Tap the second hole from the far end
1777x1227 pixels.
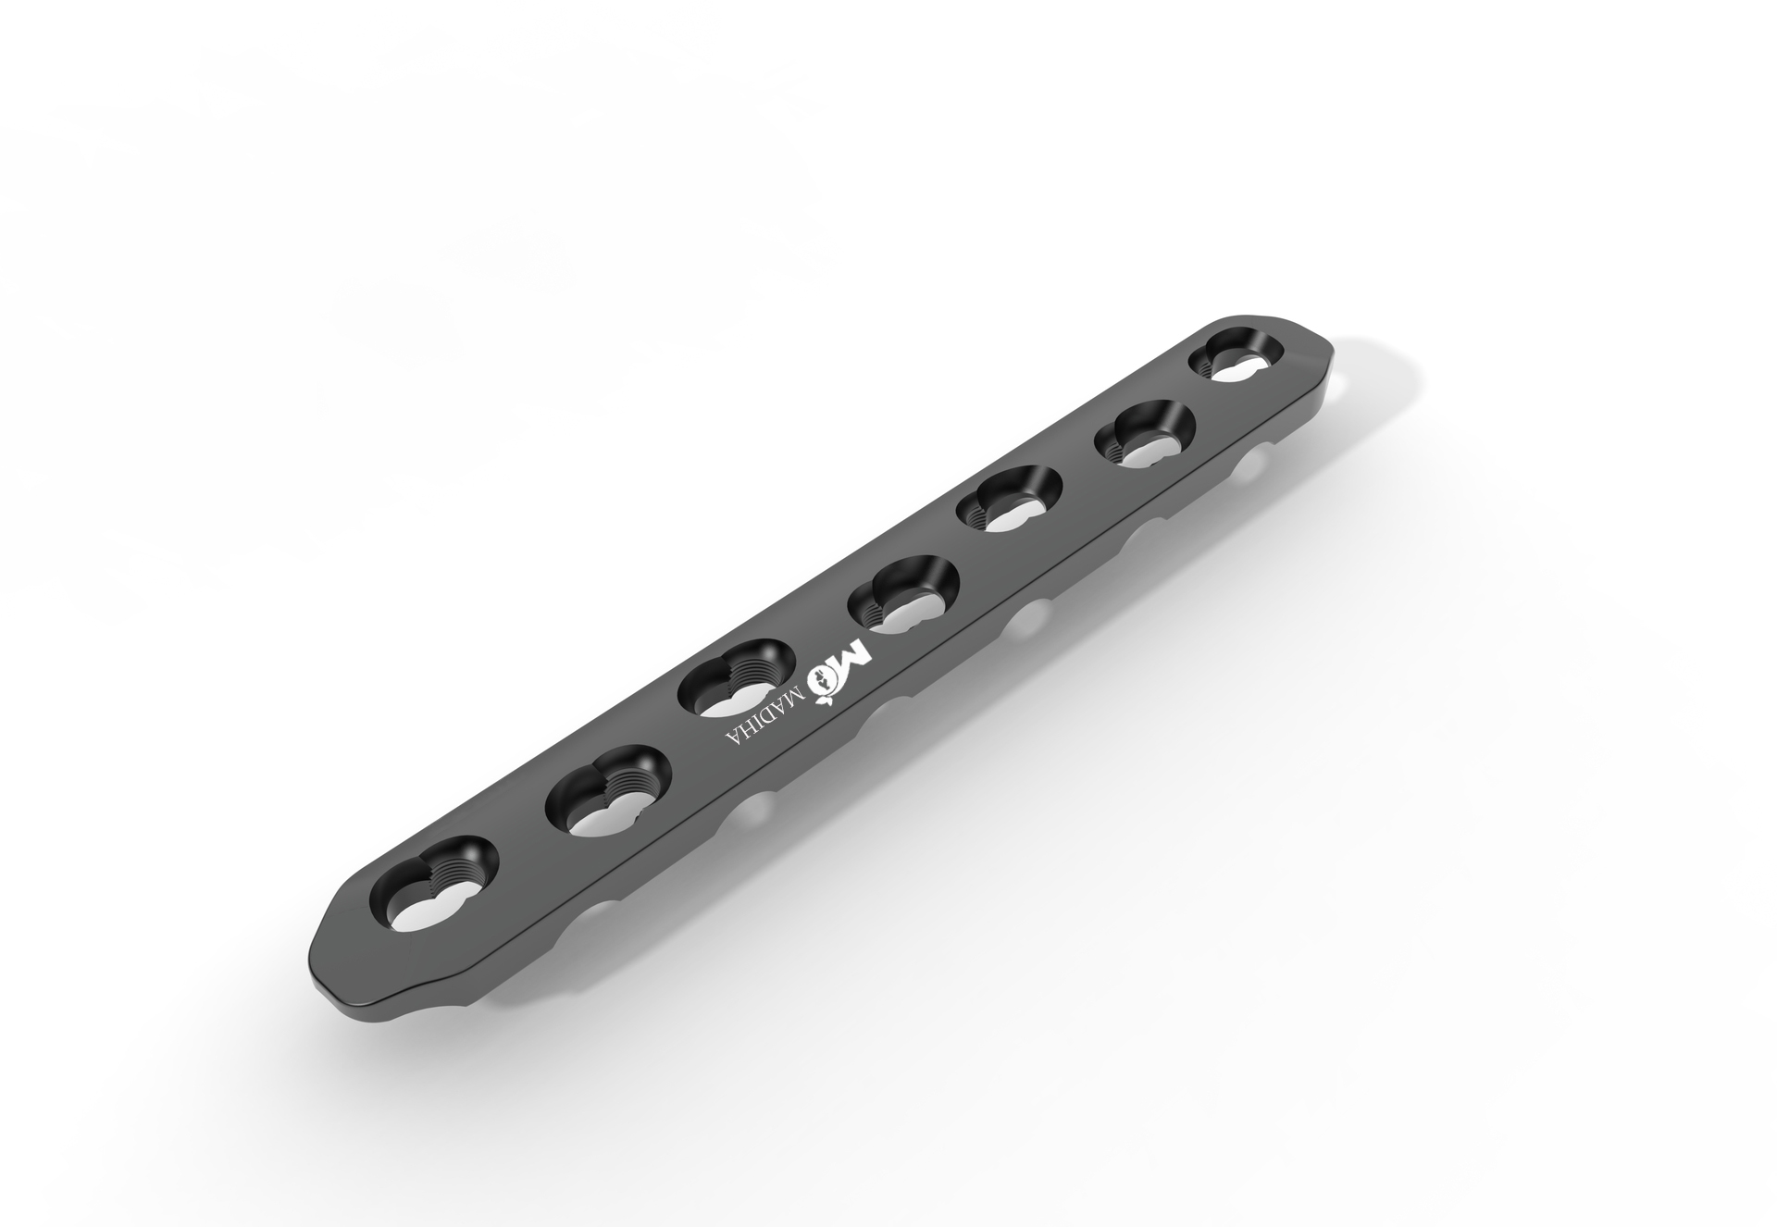pos(1145,440)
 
